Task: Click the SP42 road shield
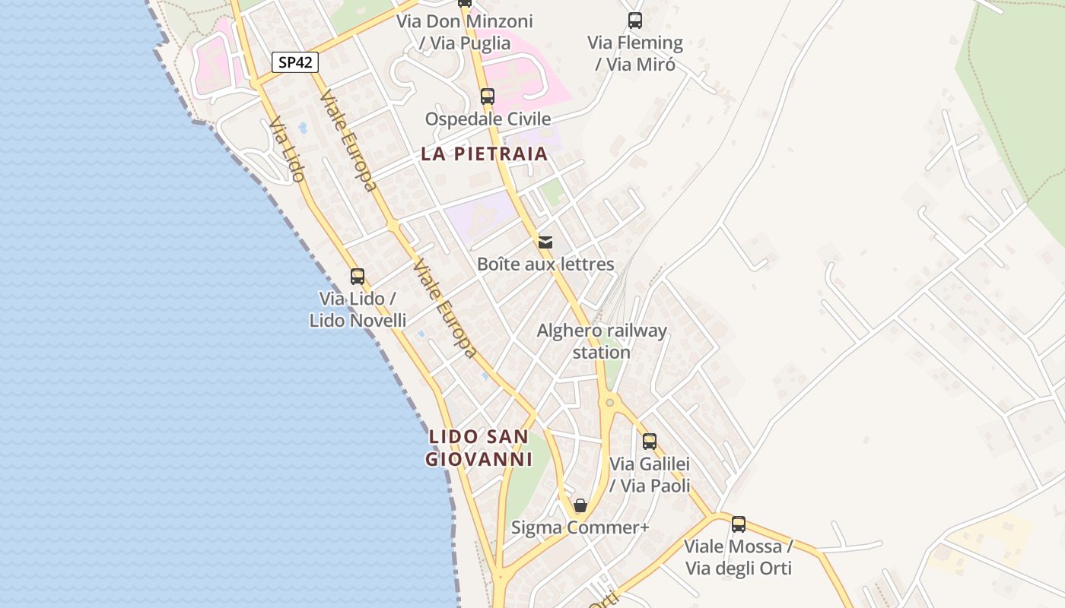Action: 294,62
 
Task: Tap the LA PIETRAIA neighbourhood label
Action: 485,154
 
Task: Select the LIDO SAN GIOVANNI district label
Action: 478,448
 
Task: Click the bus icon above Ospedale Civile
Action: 488,97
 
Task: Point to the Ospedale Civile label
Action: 488,119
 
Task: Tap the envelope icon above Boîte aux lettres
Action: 545,242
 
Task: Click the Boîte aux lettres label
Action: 545,264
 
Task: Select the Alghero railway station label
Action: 602,341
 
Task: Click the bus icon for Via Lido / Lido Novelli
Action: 358,277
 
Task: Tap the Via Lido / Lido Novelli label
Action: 358,309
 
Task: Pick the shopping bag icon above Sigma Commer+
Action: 580,505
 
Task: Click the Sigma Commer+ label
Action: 580,527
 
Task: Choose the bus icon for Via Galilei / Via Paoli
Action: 650,442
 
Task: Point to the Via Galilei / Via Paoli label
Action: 650,474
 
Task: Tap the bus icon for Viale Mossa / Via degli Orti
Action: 739,524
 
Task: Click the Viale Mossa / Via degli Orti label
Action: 739,557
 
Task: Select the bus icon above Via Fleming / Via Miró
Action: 635,21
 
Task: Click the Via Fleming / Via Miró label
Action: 635,53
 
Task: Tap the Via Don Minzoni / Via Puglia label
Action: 465,32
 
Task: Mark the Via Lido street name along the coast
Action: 287,150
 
